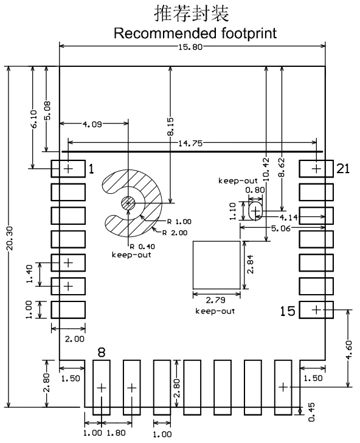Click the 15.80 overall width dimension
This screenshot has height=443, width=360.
click(x=190, y=47)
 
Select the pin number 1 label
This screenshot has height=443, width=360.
click(x=91, y=169)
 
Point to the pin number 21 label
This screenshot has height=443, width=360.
click(x=344, y=169)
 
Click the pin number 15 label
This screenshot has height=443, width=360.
click(x=288, y=311)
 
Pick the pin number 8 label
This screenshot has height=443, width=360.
click(x=101, y=352)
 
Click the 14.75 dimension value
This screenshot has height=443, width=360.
click(x=190, y=143)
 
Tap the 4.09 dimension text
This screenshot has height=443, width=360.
click(x=92, y=124)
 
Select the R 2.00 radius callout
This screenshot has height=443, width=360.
click(x=175, y=233)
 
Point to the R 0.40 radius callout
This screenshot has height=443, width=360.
click(x=142, y=247)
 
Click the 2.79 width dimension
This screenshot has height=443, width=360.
click(x=215, y=300)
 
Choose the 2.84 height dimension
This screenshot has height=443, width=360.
click(x=251, y=264)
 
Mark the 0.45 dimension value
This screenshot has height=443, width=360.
click(x=311, y=412)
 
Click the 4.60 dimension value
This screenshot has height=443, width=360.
click(x=348, y=350)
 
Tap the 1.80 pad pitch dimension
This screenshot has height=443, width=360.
click(x=116, y=433)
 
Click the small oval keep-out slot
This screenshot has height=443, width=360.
click(x=255, y=211)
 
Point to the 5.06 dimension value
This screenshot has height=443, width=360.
click(x=281, y=228)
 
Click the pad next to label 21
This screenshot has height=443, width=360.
click(x=316, y=169)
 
